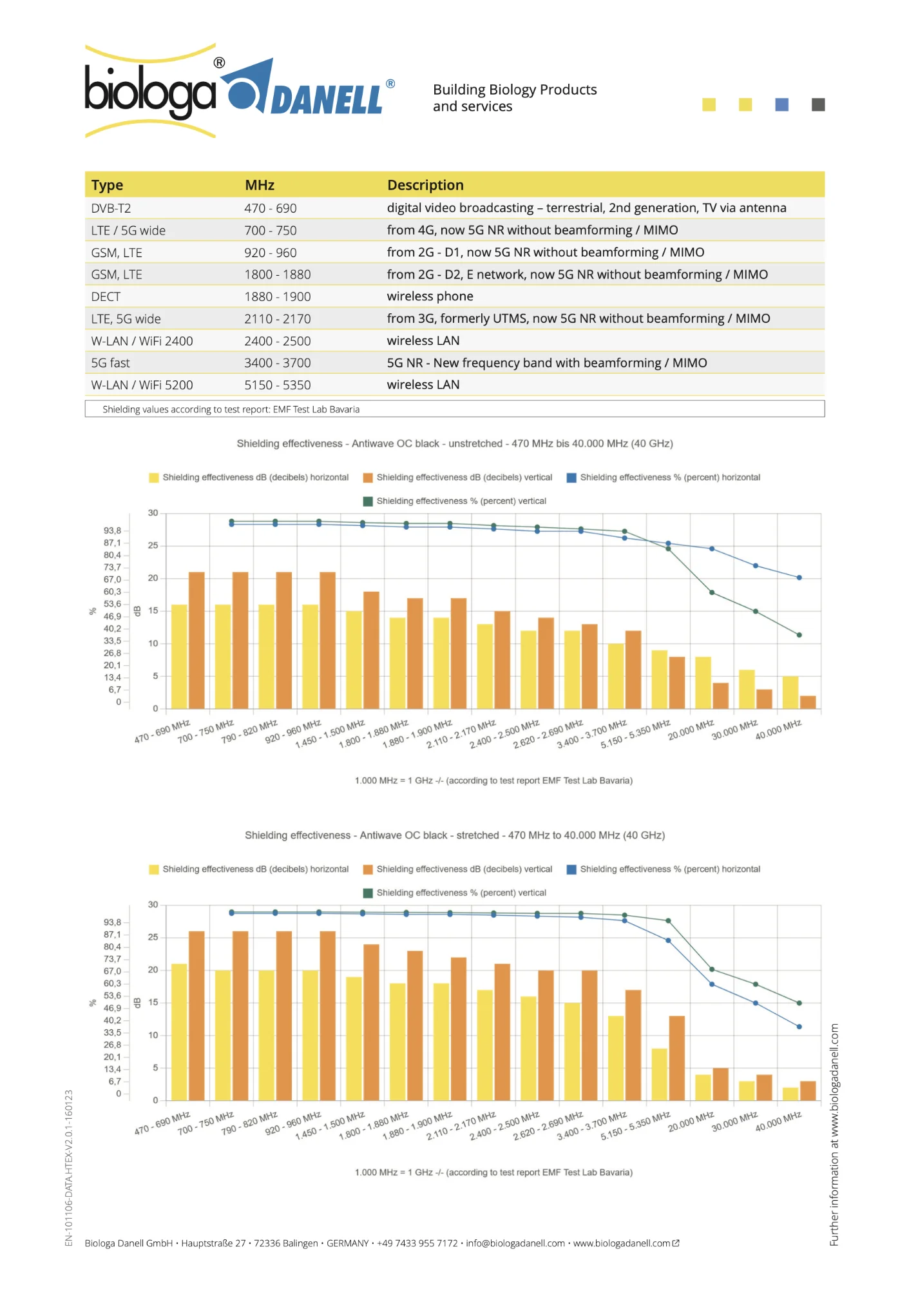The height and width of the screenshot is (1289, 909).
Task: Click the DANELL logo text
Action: (327, 101)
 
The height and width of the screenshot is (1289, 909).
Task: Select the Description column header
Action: (425, 186)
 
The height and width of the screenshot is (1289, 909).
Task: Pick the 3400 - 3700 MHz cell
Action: (277, 363)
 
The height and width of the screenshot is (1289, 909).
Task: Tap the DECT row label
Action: (106, 297)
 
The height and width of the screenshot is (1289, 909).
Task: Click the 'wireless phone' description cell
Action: (430, 296)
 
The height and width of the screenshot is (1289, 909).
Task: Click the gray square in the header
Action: (818, 104)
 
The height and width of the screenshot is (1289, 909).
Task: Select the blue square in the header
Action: (781, 104)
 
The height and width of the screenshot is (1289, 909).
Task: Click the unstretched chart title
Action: (454, 444)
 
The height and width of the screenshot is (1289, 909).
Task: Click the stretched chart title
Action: (454, 836)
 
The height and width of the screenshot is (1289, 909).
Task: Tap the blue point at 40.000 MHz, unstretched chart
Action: (799, 577)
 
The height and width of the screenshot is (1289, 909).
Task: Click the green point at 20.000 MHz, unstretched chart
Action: (712, 592)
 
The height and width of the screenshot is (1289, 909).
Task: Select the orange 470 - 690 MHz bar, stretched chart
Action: (196, 1016)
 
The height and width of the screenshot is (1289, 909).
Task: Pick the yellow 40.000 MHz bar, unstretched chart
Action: (790, 692)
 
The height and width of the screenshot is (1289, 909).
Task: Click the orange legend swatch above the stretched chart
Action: (368, 869)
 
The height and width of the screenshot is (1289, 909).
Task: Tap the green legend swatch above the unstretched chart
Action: (368, 501)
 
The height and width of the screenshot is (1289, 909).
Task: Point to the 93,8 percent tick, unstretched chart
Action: (112, 531)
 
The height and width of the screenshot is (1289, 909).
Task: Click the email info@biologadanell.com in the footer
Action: (515, 1243)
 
